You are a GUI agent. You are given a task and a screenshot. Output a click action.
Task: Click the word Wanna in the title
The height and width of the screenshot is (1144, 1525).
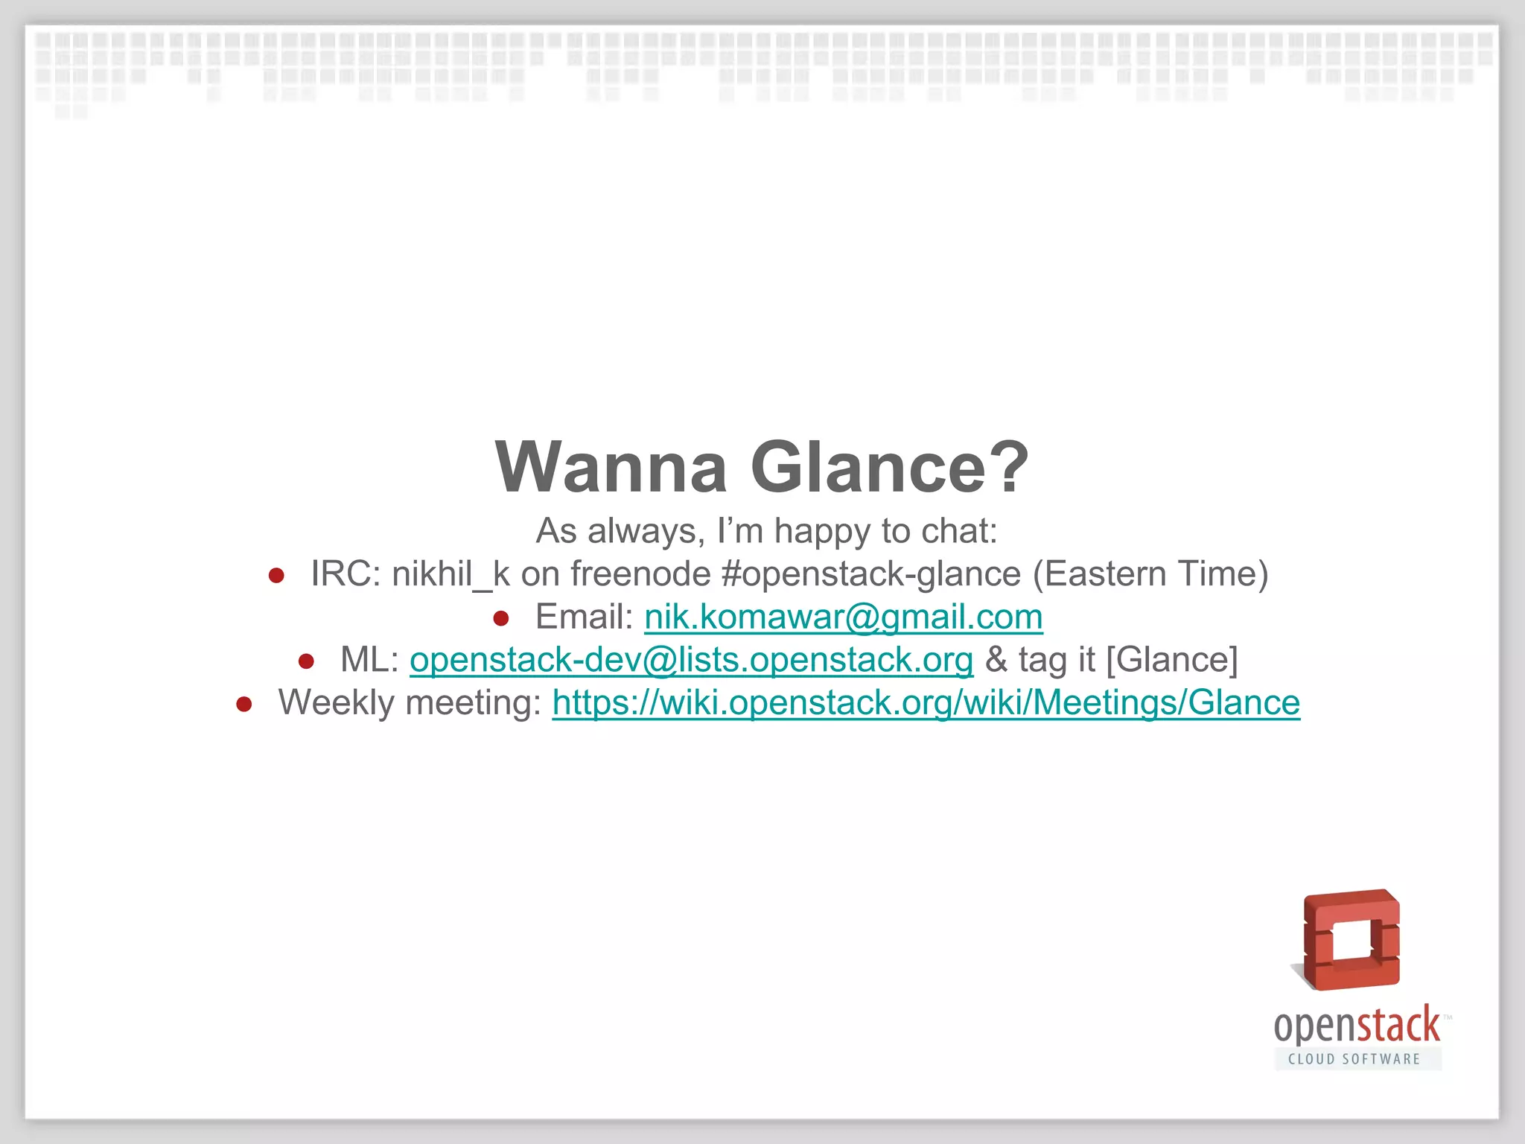tap(611, 468)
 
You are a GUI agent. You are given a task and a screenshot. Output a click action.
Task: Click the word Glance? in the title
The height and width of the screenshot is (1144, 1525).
tap(890, 468)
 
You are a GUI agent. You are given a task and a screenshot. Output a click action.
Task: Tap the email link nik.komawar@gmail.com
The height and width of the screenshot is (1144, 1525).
tap(843, 617)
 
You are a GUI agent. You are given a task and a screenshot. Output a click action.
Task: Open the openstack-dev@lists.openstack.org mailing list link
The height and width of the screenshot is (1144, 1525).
tap(691, 660)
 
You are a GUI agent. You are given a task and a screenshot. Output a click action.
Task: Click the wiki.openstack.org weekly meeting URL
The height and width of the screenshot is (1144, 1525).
tap(926, 702)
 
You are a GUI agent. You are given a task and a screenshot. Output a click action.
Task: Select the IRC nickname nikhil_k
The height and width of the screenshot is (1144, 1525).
tap(451, 574)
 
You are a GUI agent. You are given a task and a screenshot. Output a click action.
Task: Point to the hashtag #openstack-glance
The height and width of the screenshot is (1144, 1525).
tap(870, 574)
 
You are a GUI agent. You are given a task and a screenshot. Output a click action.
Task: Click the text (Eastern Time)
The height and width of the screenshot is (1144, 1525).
tap(1150, 574)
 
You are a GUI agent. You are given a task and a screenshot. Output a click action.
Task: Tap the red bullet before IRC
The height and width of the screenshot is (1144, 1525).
tap(276, 576)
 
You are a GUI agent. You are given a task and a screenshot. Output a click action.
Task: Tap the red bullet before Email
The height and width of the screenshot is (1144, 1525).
tap(501, 618)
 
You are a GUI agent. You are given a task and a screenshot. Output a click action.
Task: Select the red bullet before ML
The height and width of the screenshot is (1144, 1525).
tap(306, 661)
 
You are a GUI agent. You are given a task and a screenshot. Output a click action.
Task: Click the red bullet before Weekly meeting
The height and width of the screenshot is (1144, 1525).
tap(244, 704)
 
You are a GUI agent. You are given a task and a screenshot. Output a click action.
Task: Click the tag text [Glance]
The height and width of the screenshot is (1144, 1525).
tap(1171, 660)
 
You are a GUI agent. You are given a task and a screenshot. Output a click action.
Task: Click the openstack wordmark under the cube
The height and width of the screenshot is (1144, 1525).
tap(1357, 1026)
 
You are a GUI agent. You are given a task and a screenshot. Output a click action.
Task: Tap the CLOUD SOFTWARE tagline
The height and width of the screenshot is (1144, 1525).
tap(1354, 1059)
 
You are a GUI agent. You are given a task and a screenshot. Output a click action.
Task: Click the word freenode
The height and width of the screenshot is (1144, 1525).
tap(640, 574)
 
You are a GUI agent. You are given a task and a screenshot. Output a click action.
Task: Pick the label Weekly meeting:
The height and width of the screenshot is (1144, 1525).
tap(410, 702)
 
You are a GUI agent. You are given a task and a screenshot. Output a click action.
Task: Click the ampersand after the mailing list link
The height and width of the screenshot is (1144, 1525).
tap(996, 660)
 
